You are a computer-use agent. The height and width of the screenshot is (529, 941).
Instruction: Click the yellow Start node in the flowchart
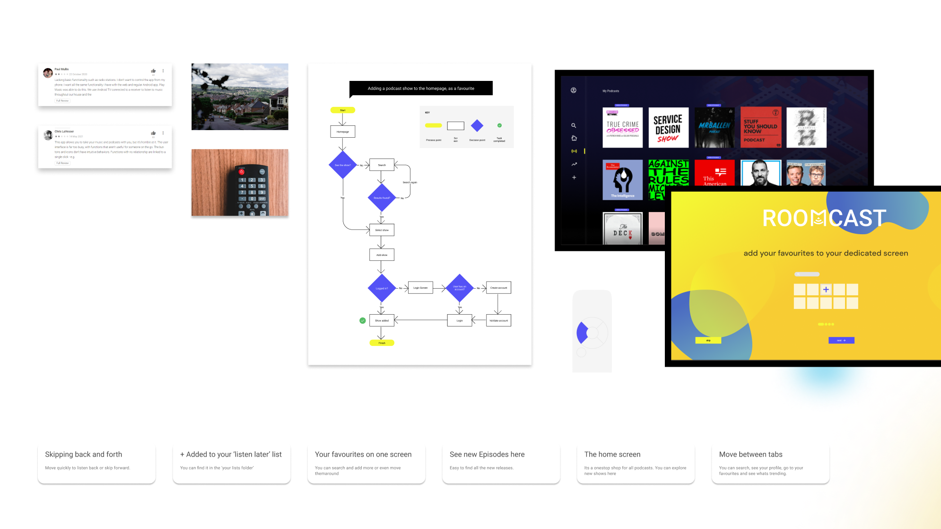coord(342,110)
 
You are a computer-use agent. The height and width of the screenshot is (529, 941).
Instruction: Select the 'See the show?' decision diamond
coord(342,165)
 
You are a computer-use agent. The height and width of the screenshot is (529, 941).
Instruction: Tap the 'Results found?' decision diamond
coord(382,198)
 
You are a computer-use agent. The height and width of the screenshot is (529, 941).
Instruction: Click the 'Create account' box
coord(498,288)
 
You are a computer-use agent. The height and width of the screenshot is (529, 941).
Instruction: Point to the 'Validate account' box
coord(498,320)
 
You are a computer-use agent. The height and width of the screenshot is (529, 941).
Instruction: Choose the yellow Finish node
coord(382,343)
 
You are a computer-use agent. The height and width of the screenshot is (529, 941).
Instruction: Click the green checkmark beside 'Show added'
coord(363,320)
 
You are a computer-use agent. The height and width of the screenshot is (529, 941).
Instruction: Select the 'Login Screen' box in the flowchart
coord(420,288)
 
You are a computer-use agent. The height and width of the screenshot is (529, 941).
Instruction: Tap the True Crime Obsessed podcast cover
coord(622,128)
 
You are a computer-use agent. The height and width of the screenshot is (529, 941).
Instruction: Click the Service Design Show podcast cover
coord(668,128)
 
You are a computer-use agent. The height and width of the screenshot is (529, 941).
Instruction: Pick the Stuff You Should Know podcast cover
coord(760,128)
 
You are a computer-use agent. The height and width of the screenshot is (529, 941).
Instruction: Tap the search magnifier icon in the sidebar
coord(574,125)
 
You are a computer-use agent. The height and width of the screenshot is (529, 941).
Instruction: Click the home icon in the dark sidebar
coord(574,138)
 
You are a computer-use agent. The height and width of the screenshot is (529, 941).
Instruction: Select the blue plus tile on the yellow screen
coord(826,290)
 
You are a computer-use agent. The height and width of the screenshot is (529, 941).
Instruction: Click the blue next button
coord(841,340)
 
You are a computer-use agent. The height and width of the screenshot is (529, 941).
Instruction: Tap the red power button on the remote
coord(242,172)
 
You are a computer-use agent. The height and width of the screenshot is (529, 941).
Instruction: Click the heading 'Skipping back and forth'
coord(84,454)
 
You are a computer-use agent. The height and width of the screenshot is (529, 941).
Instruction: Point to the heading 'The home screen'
coord(612,454)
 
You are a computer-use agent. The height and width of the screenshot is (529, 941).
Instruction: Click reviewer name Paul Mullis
coord(61,69)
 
